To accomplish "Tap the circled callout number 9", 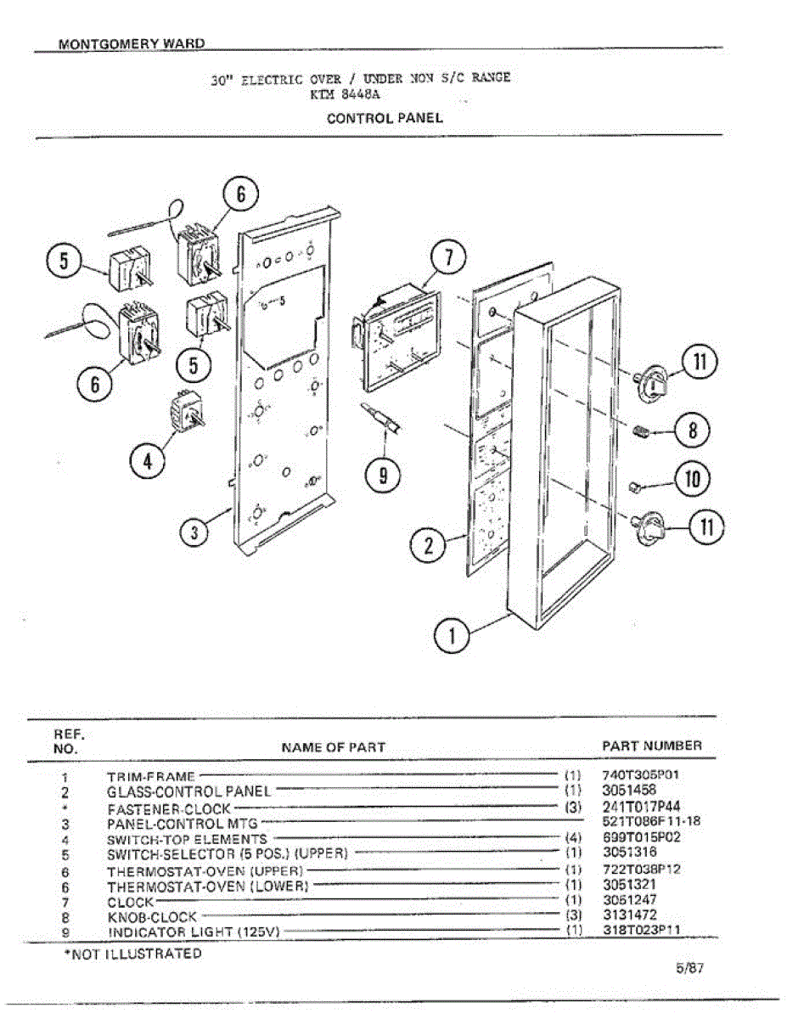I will (384, 476).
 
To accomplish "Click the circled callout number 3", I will (195, 533).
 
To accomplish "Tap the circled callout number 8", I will (693, 431).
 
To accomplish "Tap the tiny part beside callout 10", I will (633, 486).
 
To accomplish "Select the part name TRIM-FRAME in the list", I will (151, 776).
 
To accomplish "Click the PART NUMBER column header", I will (652, 746).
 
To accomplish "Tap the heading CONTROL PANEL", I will (385, 118).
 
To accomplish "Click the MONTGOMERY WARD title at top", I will (132, 44).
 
